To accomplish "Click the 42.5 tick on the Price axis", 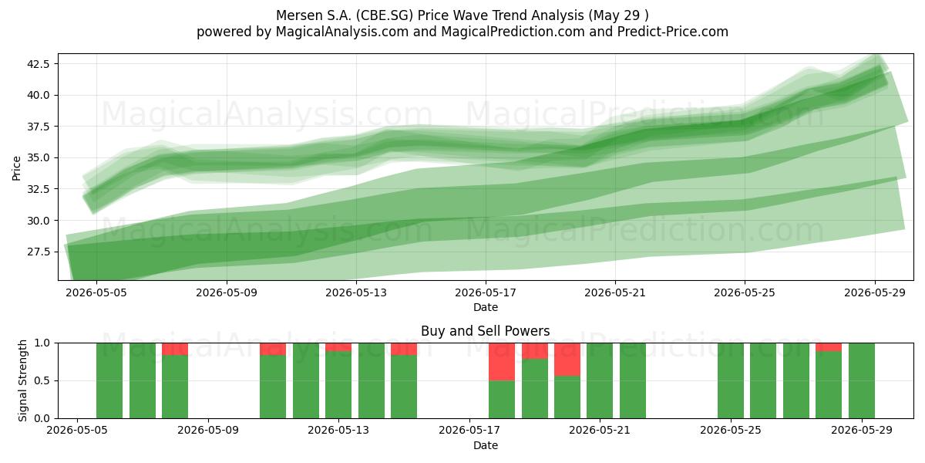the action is click(38, 63).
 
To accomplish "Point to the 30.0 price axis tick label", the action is click(38, 221).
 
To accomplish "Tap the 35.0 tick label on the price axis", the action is click(38, 158).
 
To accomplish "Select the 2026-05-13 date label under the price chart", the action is click(356, 292).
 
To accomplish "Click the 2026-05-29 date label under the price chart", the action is click(875, 292).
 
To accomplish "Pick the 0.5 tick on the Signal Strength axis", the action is click(42, 380).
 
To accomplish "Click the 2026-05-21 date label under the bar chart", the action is click(600, 431).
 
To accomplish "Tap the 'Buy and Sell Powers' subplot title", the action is click(485, 331).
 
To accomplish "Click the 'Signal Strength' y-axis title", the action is click(22, 380).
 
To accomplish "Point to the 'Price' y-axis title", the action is click(16, 168).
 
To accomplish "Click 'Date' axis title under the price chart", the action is click(485, 308).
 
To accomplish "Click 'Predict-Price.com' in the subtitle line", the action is click(673, 32).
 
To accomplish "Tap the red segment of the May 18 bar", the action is click(502, 362).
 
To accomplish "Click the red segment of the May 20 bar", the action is click(567, 360).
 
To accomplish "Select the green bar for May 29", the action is click(862, 380).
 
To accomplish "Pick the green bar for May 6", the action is click(109, 380).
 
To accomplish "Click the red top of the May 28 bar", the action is click(829, 347).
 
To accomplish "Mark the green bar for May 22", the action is click(633, 380).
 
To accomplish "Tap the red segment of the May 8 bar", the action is click(175, 349).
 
